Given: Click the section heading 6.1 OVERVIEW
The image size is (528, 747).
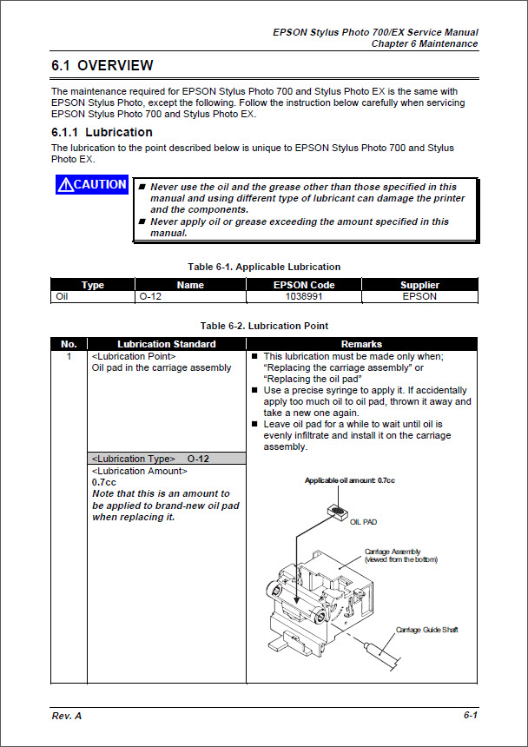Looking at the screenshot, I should (x=102, y=66).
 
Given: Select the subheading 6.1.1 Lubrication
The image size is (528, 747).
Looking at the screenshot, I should (x=102, y=132).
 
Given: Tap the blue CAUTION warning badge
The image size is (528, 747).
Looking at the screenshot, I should (x=92, y=185).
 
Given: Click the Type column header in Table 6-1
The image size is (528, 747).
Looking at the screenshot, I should (x=93, y=285).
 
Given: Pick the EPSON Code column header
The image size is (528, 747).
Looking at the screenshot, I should (x=304, y=285).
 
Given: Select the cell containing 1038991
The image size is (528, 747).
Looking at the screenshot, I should (x=304, y=296).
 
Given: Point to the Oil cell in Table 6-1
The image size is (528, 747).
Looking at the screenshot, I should (x=62, y=296).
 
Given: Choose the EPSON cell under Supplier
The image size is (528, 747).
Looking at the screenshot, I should (x=419, y=296).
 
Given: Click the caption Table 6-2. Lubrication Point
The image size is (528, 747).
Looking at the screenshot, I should (x=264, y=326).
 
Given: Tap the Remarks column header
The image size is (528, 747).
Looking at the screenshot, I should (x=361, y=344).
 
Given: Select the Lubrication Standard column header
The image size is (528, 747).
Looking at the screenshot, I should (x=167, y=344).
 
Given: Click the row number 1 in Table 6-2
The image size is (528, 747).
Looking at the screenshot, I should (x=69, y=356).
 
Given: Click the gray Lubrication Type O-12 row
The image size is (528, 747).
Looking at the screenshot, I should (x=167, y=458).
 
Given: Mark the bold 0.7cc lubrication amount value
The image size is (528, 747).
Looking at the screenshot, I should (x=104, y=482).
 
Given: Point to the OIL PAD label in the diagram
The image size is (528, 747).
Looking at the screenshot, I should (x=364, y=522).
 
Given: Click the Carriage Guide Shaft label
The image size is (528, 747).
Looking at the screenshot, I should (x=426, y=629).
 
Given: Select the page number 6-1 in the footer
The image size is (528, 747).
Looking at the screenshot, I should (x=470, y=715).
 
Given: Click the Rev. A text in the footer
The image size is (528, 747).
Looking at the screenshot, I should (x=67, y=715).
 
